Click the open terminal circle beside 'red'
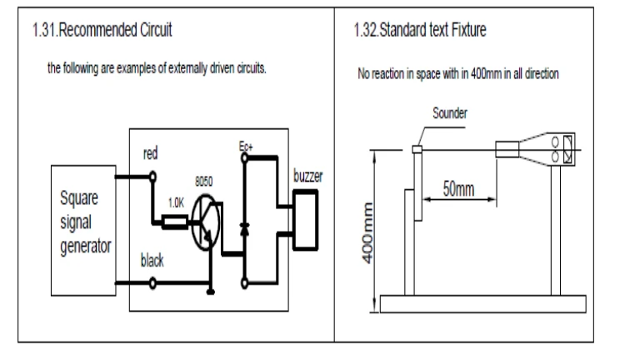pyautogui.click(x=152, y=175)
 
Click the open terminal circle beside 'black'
pyautogui.click(x=152, y=283)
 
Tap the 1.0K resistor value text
pyautogui.click(x=175, y=203)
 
